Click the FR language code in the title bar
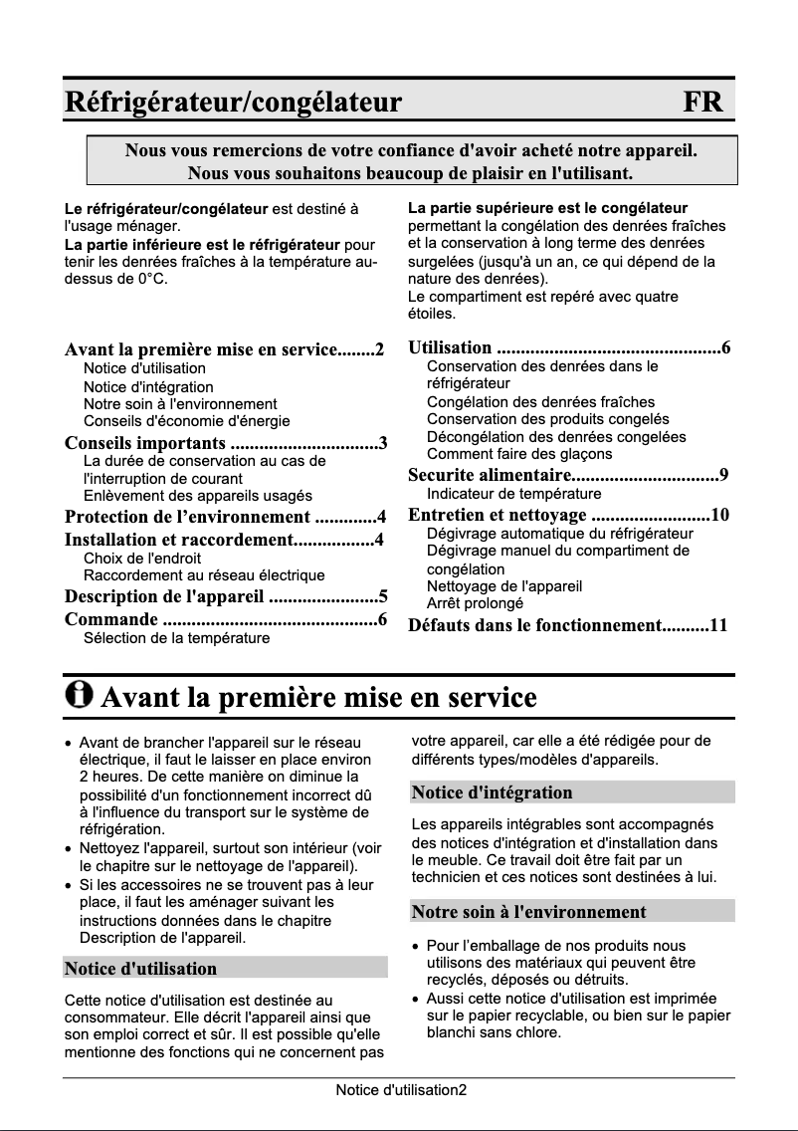pyautogui.click(x=702, y=102)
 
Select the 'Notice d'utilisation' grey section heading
pyautogui.click(x=140, y=968)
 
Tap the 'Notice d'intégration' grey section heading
pyautogui.click(x=493, y=792)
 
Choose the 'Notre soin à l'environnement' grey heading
pyautogui.click(x=529, y=911)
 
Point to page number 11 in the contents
pyautogui.click(x=718, y=625)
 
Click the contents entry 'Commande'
pyautogui.click(x=110, y=620)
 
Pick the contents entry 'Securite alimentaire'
pyautogui.click(x=489, y=475)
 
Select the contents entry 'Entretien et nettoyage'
pyautogui.click(x=498, y=515)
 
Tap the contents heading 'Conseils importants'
pyautogui.click(x=144, y=442)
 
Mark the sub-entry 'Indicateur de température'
pyautogui.click(x=513, y=494)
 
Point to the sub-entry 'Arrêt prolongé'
pyautogui.click(x=475, y=603)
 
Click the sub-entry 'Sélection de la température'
pyautogui.click(x=176, y=638)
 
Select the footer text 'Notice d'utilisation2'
pyautogui.click(x=400, y=1090)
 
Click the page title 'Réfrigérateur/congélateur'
pyautogui.click(x=233, y=102)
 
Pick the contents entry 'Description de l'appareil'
pyautogui.click(x=164, y=597)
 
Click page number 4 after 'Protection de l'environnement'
pyautogui.click(x=381, y=516)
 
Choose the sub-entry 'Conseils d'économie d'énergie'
pyautogui.click(x=186, y=421)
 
